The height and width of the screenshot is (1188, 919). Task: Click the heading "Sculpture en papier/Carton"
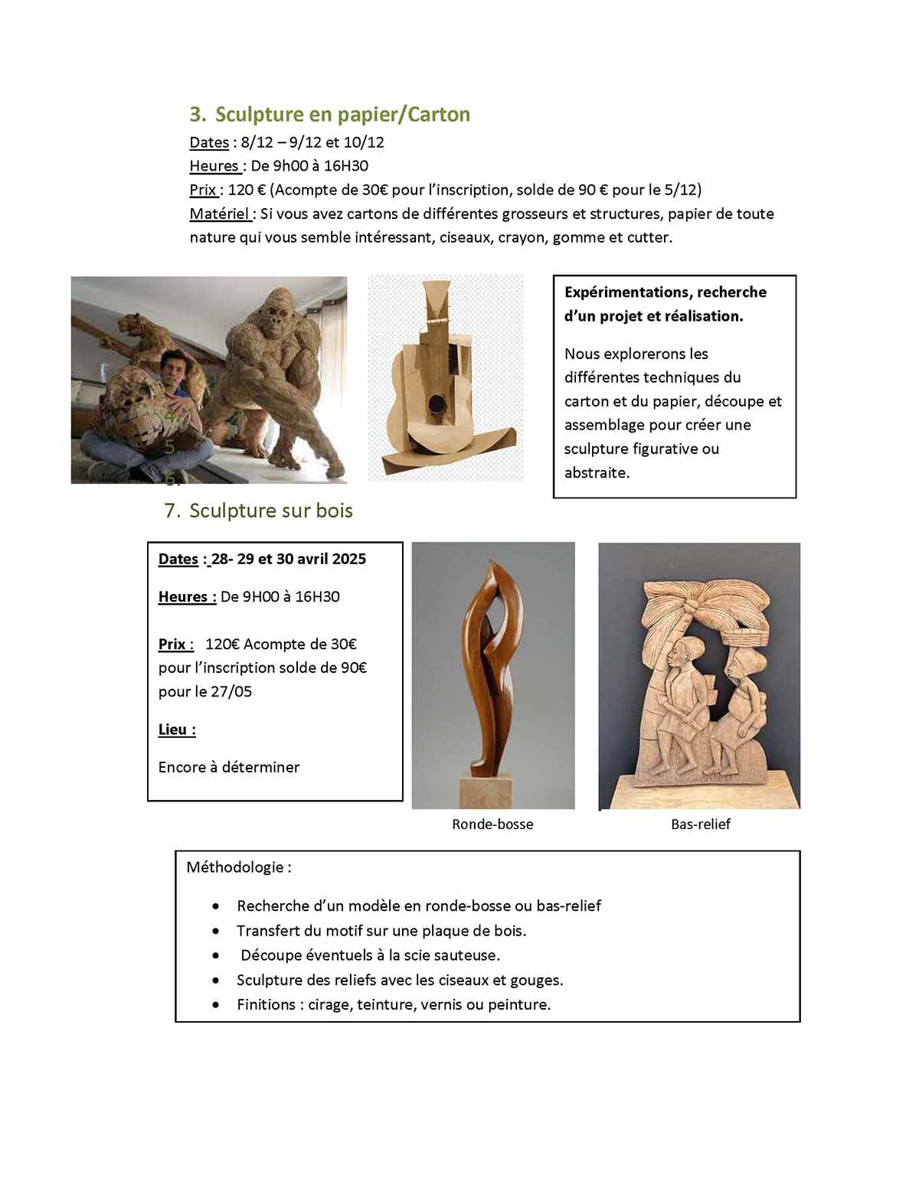tap(342, 115)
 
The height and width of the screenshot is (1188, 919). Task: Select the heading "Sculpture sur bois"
tap(270, 511)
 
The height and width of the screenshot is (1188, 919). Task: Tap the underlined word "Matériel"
tap(219, 214)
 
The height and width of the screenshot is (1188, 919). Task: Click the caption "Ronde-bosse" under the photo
tap(492, 824)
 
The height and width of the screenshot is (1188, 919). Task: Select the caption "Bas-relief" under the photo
tap(700, 824)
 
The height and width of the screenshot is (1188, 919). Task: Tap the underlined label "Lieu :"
tap(177, 729)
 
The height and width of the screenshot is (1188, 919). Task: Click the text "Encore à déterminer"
tap(229, 767)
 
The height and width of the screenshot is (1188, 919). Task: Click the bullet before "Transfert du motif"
tap(217, 932)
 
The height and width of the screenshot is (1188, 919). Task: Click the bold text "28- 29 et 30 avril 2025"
tap(289, 559)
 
